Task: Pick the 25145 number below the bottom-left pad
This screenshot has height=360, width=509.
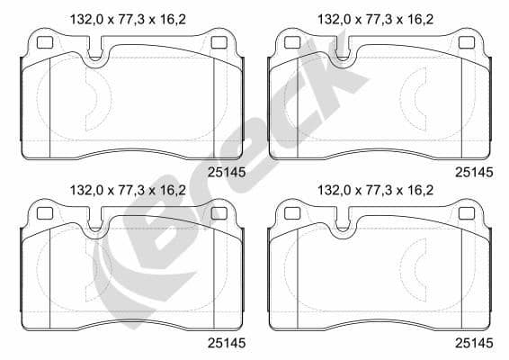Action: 225,343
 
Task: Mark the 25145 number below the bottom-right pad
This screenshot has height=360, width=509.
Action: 474,343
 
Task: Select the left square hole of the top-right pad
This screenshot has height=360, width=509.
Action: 292,41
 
